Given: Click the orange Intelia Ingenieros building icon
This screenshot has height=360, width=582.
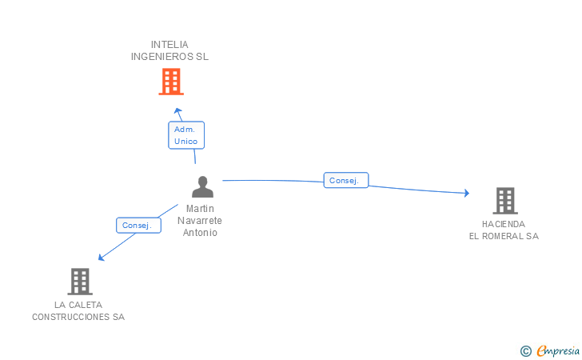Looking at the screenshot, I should [x=170, y=82].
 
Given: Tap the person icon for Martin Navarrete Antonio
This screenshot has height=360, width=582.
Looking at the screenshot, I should [x=202, y=186].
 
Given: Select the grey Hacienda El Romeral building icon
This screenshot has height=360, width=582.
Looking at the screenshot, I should [x=504, y=200].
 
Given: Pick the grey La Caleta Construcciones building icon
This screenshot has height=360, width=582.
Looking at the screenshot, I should [x=79, y=281].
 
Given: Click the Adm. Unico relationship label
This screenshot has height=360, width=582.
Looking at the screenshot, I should [x=185, y=134].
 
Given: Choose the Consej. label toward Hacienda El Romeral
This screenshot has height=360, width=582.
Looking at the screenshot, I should [x=345, y=181].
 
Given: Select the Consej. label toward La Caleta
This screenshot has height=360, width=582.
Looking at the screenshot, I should [x=137, y=226].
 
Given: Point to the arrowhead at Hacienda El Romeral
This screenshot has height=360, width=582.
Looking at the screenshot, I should [x=465, y=193].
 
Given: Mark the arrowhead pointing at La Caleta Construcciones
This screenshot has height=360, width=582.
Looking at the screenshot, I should [x=101, y=257].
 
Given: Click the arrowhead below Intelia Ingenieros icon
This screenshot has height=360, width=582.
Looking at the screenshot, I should [x=177, y=110].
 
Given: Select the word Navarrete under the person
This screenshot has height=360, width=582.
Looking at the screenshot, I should [x=199, y=221].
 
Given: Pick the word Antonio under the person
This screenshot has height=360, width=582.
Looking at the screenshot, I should [x=200, y=233].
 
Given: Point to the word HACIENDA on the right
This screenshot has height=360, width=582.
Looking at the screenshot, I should [x=504, y=224].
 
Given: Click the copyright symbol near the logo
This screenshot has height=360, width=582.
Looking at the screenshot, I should [x=525, y=350].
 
